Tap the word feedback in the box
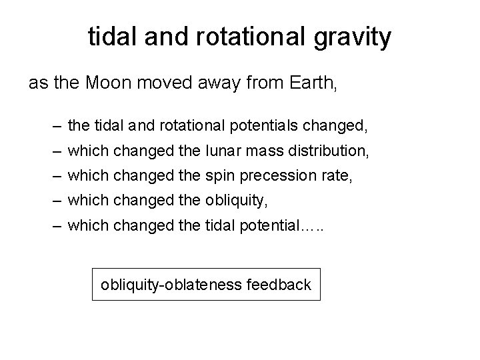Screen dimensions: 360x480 tap(279, 285)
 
